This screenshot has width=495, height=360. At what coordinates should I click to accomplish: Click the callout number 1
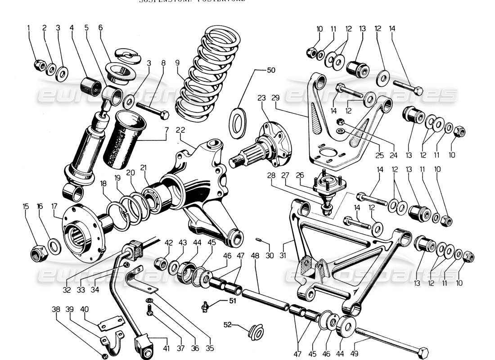tap(29, 28)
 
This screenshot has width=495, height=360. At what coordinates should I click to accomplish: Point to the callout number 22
tap(180, 130)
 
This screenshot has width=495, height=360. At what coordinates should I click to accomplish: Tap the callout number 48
tap(255, 256)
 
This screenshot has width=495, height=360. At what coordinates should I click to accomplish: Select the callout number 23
tap(262, 98)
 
